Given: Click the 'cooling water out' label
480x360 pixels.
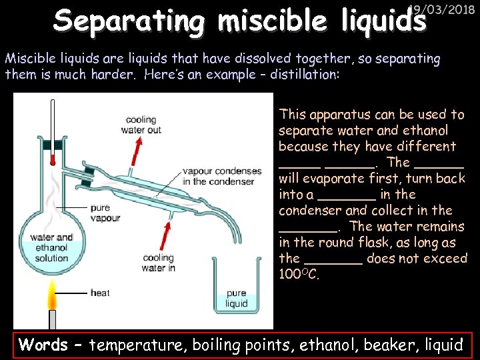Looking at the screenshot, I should point(141,125).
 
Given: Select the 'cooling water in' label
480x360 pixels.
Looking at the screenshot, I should point(158,263).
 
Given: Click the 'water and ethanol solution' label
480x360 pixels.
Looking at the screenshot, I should point(51,247).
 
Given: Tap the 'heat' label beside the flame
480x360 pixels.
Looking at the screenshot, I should point(100,292).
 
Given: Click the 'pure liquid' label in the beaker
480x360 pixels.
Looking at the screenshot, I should point(236,298).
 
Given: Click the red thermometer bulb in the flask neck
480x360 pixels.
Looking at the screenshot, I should point(53,159).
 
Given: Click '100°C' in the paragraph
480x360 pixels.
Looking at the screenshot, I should point(299,274).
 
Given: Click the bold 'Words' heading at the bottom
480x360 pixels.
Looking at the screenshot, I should point(43,345).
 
